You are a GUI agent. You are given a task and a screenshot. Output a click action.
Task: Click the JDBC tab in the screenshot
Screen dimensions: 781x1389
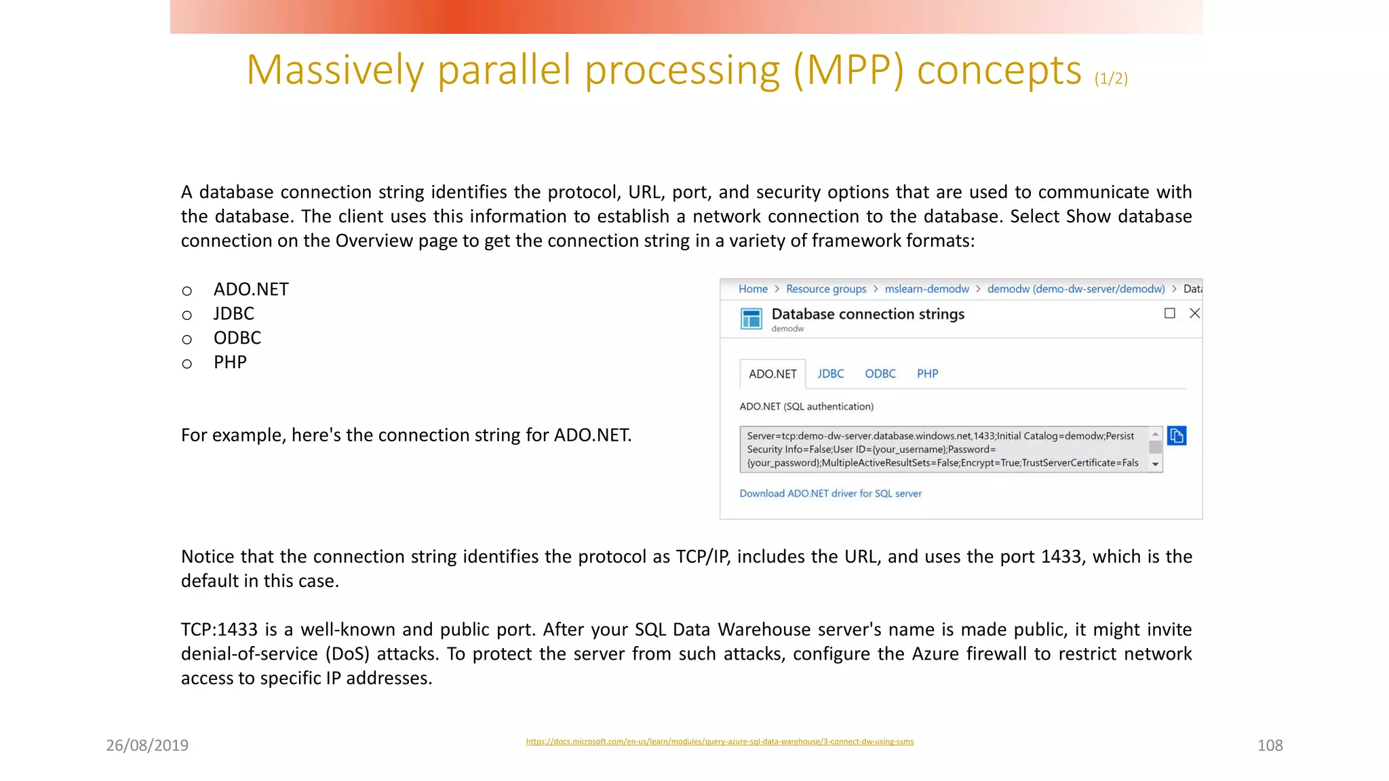coord(830,374)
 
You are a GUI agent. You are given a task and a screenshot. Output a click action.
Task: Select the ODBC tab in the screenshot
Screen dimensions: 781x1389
coord(880,374)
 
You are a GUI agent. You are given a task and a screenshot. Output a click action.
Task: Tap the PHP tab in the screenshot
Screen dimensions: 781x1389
coord(927,374)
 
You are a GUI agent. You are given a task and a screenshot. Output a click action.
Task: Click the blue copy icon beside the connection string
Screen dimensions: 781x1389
coord(1177,435)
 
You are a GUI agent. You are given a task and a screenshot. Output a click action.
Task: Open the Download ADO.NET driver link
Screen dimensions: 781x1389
coord(830,494)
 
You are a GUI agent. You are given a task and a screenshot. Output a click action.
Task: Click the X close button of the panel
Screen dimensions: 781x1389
coord(1194,313)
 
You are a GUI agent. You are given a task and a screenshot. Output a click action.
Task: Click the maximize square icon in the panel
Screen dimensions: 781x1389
coord(1169,313)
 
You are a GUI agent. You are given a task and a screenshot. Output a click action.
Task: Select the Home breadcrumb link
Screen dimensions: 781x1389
coord(753,289)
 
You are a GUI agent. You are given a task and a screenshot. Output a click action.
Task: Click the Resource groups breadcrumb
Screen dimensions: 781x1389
coord(825,289)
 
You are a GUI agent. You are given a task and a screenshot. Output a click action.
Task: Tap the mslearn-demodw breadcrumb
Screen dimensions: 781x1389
coord(926,289)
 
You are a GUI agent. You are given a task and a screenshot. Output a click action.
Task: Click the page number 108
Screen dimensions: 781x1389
coord(1270,745)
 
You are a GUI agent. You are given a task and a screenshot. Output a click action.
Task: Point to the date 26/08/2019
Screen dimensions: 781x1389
coord(147,745)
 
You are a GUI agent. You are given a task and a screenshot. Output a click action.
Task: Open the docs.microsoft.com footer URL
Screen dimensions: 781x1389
coord(720,742)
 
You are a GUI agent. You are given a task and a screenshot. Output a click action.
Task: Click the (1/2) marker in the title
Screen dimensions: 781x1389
coord(1111,79)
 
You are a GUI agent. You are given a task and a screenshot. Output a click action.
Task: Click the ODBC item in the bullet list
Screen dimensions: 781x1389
coord(237,338)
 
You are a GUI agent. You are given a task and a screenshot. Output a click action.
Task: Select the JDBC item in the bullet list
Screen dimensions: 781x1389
coord(234,313)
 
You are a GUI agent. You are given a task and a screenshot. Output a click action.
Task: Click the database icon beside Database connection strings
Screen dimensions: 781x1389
coord(751,318)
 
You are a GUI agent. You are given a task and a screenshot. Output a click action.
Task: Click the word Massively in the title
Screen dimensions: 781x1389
coord(335,70)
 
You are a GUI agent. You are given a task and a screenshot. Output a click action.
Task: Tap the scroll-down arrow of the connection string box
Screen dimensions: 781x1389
coord(1155,464)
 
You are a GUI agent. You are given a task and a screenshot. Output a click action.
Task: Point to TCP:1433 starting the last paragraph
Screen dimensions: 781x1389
coord(219,629)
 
